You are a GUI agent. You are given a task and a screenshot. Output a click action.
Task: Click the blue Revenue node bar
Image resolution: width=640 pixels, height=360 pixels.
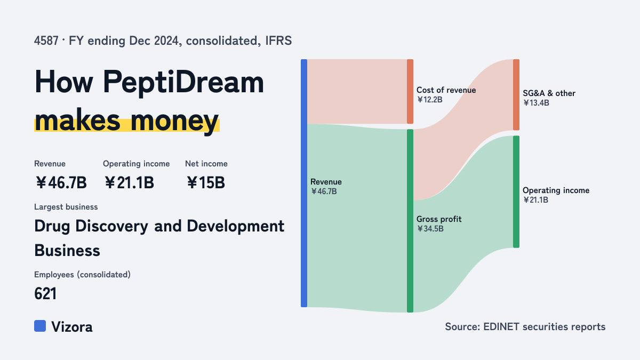point(304,183)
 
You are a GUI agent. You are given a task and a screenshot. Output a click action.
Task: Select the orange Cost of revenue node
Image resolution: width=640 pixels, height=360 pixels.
point(410,91)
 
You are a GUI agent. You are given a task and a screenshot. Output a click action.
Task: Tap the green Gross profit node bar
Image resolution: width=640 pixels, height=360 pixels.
point(410,221)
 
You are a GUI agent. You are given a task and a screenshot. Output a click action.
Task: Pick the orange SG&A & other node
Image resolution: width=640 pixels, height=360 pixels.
point(516,95)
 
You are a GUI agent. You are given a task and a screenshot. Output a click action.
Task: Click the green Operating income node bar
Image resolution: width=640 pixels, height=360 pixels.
point(516,191)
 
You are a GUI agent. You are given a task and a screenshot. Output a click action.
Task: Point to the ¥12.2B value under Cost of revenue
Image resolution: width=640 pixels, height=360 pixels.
point(430,100)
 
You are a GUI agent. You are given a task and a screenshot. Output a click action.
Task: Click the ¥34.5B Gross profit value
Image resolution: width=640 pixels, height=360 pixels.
point(430,229)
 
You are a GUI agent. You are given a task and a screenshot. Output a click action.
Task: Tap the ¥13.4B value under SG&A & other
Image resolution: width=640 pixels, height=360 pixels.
point(536,103)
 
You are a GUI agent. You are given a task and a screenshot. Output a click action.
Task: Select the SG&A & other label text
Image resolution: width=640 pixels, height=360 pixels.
point(549,93)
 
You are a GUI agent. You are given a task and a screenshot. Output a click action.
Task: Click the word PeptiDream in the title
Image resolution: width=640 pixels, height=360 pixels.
point(183,82)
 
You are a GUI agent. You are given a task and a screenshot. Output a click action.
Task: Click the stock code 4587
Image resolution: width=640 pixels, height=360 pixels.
point(46,41)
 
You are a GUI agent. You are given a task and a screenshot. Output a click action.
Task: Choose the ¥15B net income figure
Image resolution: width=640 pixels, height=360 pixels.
point(206,182)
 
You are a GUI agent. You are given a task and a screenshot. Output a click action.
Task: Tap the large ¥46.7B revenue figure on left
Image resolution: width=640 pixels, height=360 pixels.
point(61,182)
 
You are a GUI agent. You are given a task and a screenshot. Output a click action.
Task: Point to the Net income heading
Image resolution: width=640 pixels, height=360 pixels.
point(206,164)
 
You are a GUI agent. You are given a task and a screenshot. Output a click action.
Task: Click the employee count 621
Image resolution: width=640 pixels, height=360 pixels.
point(45,294)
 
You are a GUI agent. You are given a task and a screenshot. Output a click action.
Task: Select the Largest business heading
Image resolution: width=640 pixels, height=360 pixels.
point(66,207)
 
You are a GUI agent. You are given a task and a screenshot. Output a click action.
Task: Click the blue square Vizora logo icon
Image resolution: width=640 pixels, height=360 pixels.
point(40,326)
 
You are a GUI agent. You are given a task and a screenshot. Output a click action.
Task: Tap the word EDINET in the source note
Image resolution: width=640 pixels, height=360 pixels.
point(501,326)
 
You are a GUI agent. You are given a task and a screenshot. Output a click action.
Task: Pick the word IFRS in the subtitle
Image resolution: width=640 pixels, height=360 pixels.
point(278,41)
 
